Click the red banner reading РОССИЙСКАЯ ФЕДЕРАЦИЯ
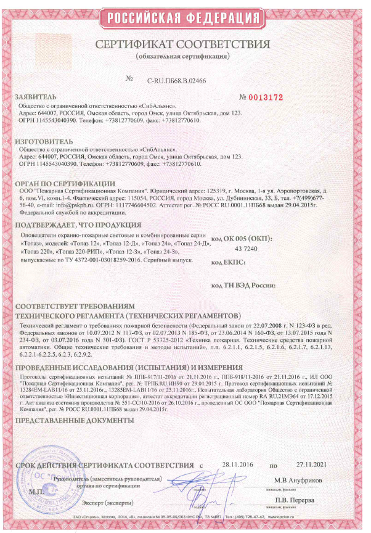[185, 18]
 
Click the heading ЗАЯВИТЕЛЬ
[35, 97]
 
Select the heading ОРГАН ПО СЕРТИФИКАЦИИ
[65, 183]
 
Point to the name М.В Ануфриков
[299, 479]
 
